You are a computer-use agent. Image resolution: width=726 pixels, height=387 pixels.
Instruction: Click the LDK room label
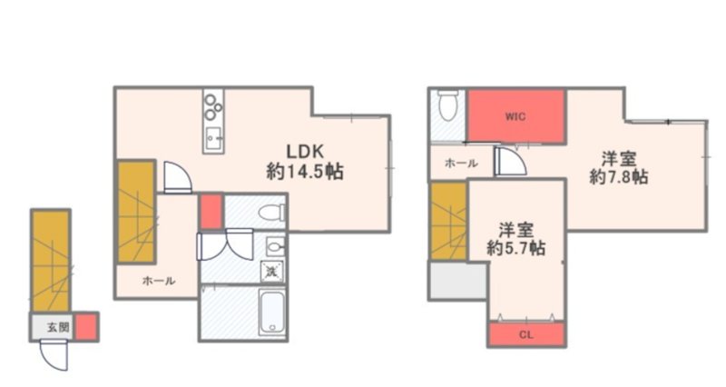coord(305,152)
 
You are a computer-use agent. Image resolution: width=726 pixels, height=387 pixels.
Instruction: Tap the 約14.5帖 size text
coord(305,173)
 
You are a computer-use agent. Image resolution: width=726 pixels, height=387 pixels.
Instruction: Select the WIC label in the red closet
coord(515,116)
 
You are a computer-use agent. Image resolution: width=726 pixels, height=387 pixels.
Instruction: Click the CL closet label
coord(526,334)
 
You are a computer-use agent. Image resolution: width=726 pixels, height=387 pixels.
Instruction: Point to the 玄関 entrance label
coord(58,327)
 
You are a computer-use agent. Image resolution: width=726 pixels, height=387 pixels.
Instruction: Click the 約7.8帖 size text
coord(619,176)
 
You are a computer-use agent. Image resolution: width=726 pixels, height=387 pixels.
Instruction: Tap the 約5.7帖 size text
coord(515,248)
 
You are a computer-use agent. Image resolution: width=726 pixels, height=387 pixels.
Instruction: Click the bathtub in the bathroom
coord(271,312)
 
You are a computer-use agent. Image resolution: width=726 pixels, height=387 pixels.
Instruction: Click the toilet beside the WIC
coord(447,105)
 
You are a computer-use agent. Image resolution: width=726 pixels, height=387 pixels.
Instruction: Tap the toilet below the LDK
coord(271,213)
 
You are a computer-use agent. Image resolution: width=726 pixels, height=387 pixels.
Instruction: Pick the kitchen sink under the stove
coord(213,139)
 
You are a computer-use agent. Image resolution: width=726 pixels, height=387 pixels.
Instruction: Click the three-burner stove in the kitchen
coord(213,107)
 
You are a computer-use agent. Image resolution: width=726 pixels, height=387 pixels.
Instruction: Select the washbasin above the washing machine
coord(276,246)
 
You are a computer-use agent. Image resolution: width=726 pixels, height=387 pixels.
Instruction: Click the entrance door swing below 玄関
coord(54,355)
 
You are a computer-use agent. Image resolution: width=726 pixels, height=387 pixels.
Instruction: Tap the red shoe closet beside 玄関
coord(86,327)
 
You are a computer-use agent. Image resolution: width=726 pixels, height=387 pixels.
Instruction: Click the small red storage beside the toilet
coord(211,212)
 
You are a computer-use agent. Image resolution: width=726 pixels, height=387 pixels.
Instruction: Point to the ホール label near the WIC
coord(461,164)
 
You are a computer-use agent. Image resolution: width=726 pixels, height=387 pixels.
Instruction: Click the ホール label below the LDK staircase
coord(159,281)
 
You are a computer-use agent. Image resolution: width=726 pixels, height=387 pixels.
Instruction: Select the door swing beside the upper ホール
coord(510,162)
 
